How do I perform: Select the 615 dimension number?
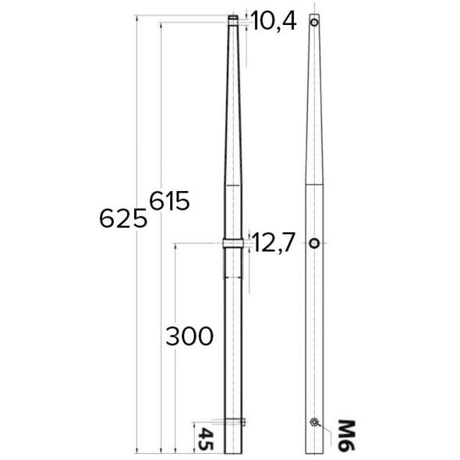click(169, 201)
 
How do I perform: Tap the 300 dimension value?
click(189, 336)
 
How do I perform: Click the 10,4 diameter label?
click(274, 23)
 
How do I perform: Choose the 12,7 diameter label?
click(274, 244)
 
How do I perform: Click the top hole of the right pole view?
click(314, 23)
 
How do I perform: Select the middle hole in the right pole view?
click(313, 244)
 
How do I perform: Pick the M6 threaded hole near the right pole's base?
click(313, 423)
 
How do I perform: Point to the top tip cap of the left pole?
click(233, 18)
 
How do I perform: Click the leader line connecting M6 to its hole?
click(326, 426)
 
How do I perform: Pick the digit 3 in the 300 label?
click(173, 336)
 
